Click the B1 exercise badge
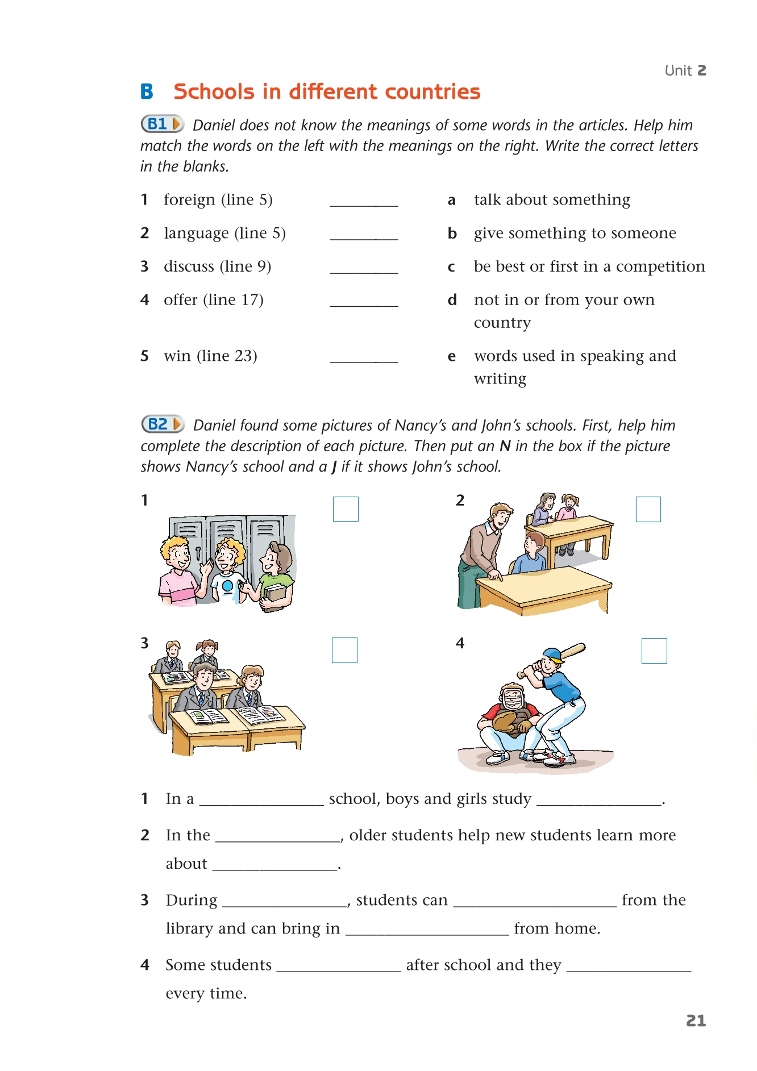coord(162,124)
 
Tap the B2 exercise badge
coord(163,424)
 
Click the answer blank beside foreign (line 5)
coord(364,201)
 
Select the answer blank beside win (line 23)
coord(364,357)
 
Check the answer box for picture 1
coord(346,509)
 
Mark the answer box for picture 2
coord(648,509)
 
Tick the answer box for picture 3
coord(344,650)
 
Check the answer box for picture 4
coord(654,651)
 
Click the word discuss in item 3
coord(189,266)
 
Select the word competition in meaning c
coord(660,266)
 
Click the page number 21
coord(696,1020)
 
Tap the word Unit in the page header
coord(678,70)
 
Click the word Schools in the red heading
coord(214,91)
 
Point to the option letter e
coord(452,356)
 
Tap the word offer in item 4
coord(180,300)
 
